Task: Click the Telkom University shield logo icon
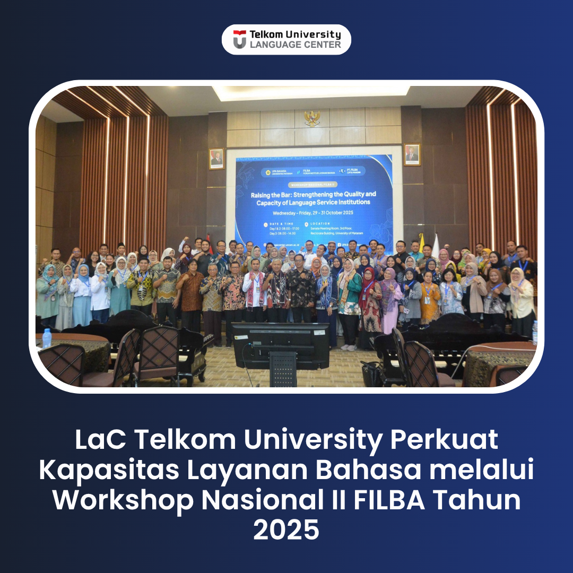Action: [240, 39]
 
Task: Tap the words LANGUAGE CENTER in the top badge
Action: [295, 45]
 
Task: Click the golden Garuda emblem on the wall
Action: [312, 118]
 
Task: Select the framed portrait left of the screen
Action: [216, 158]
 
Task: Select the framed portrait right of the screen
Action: [412, 154]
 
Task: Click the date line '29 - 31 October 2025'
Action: [314, 213]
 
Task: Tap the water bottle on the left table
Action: [47, 338]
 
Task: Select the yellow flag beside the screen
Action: [422, 243]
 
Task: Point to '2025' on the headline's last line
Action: [286, 530]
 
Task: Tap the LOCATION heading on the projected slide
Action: [320, 223]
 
